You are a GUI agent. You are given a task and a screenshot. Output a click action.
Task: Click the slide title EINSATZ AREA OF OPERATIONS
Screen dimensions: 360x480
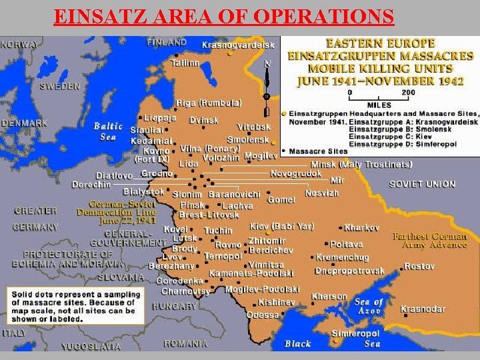[223, 15]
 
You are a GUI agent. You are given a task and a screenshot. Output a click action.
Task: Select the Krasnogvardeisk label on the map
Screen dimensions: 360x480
[238, 45]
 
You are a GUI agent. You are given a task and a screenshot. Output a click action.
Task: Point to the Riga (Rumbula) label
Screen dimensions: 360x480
[209, 103]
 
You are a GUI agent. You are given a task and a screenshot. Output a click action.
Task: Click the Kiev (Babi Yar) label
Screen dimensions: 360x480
[282, 226]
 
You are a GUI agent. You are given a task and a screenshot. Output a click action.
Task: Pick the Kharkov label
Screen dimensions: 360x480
[362, 228]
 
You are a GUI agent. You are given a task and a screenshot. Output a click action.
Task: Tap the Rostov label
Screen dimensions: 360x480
[419, 267]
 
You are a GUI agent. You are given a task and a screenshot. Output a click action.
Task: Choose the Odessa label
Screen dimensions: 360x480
[263, 314]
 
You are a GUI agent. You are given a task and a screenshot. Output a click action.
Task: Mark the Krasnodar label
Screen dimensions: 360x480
[423, 309]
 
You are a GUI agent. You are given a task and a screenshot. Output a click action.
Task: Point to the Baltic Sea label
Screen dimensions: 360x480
[108, 131]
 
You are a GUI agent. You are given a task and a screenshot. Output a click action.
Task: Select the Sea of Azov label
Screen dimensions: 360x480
[369, 307]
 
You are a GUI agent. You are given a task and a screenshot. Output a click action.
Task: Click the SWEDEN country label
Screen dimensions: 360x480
[59, 87]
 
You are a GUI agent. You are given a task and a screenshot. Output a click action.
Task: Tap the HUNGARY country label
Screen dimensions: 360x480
[174, 307]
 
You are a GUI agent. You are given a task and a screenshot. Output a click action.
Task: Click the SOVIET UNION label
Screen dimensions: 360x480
[422, 184]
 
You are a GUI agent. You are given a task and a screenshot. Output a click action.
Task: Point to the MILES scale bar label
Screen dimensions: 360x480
[379, 105]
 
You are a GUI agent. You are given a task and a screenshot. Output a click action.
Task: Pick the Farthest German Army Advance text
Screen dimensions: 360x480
[429, 241]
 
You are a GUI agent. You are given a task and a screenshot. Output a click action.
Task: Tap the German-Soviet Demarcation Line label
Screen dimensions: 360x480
[123, 212]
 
